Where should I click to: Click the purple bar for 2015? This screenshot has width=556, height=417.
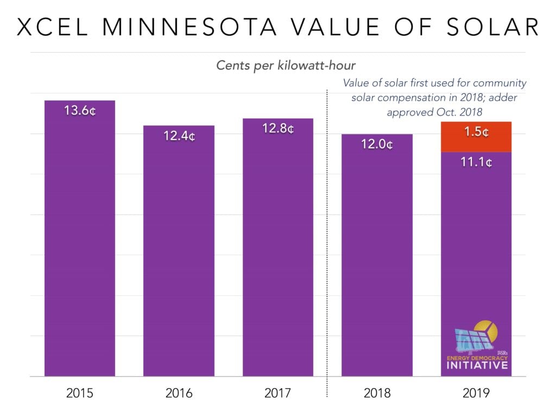click(x=80, y=244)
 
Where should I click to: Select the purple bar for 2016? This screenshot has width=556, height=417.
click(x=179, y=255)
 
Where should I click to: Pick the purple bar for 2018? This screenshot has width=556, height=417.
click(x=377, y=261)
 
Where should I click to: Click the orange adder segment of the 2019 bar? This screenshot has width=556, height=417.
click(x=476, y=137)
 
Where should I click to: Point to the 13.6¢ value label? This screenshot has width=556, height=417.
click(x=80, y=111)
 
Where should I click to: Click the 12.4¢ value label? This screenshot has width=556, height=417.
click(x=179, y=136)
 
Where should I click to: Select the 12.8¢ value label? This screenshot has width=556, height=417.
click(x=278, y=129)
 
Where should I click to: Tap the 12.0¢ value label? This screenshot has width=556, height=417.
click(x=377, y=145)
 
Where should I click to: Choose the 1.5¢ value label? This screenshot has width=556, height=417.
click(x=476, y=132)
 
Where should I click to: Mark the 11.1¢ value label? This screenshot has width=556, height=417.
click(x=476, y=162)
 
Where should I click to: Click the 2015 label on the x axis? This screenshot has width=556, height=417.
click(x=80, y=393)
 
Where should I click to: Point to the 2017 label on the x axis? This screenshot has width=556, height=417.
click(x=278, y=393)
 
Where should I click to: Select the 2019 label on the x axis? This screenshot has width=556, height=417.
click(x=476, y=393)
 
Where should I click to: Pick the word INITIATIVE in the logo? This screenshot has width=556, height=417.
click(x=477, y=365)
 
